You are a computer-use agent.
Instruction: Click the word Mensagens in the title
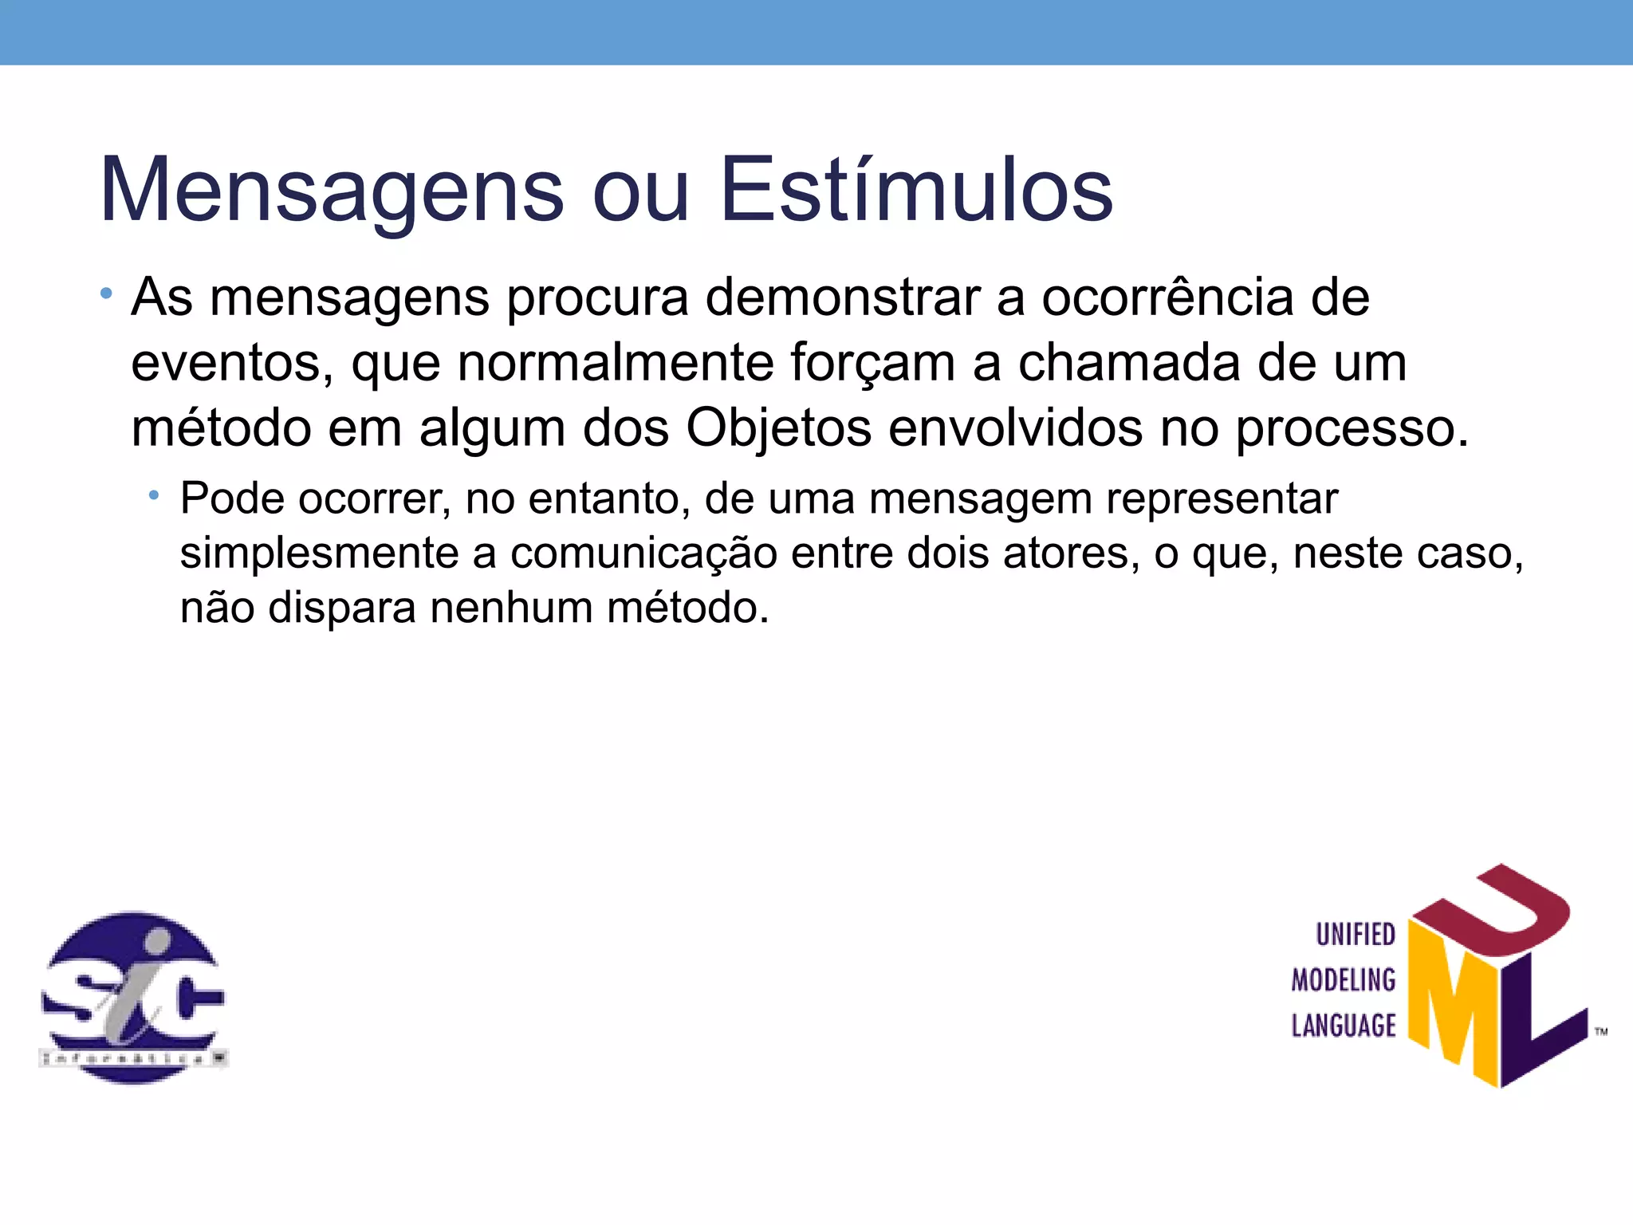click(332, 191)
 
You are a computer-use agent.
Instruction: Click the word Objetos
click(778, 429)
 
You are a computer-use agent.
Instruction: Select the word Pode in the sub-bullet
click(232, 499)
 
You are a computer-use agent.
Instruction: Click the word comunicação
click(643, 553)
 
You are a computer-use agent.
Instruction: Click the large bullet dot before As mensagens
click(106, 294)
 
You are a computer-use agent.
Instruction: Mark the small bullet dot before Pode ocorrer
click(154, 497)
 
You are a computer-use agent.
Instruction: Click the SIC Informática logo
click(133, 997)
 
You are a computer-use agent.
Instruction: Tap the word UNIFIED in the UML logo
click(1355, 935)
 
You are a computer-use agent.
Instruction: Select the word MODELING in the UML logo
click(1344, 980)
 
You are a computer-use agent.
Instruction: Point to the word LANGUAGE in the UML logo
click(1344, 1026)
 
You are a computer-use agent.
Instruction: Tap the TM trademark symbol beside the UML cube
click(1601, 1032)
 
